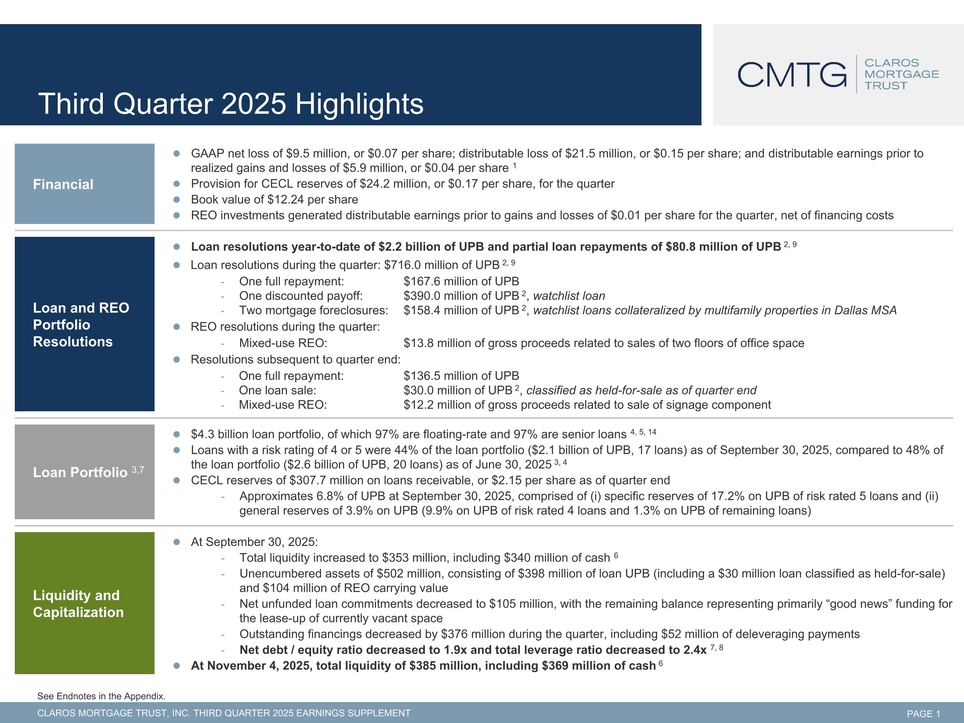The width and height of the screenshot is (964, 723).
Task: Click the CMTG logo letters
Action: tap(792, 75)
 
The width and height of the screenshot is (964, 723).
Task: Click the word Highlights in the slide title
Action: tap(359, 104)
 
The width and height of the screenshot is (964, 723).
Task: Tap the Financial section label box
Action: tap(85, 184)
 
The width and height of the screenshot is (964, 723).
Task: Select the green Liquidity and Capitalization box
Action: tap(85, 603)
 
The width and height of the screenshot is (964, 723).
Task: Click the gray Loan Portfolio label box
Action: tap(85, 472)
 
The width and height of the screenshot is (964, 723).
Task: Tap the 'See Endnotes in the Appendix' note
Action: tap(101, 696)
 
